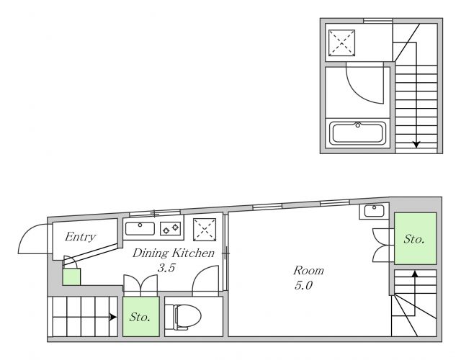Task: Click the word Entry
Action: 80,237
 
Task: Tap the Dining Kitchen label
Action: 174,253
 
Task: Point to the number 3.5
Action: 166,268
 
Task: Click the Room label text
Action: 308,271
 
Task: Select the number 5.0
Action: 303,285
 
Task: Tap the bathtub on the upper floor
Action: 357,133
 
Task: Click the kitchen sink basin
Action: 140,229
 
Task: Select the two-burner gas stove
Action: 170,228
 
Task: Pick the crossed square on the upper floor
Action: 341,42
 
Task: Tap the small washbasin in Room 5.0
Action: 374,211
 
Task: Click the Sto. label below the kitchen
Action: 140,317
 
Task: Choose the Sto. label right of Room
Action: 414,239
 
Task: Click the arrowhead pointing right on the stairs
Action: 113,317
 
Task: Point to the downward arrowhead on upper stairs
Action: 416,145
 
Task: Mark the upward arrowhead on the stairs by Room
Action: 415,274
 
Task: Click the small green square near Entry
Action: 71,276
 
